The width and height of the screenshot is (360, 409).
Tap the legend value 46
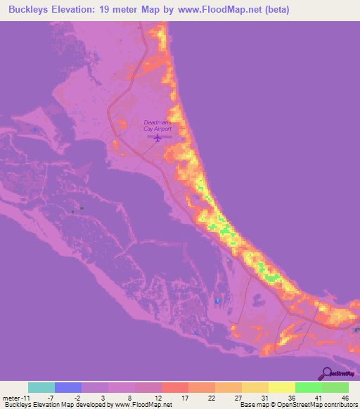point(345,397)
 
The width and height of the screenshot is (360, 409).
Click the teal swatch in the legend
point(41,387)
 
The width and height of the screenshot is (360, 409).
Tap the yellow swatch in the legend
point(281,387)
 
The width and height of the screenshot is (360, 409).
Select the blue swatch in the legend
point(68,387)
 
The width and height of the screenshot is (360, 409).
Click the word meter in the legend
point(12,397)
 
